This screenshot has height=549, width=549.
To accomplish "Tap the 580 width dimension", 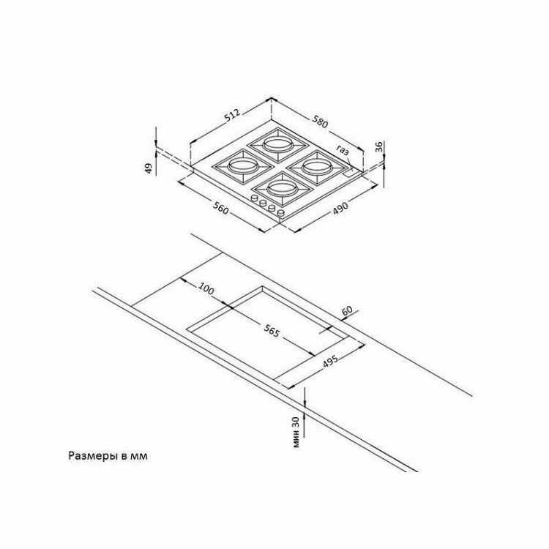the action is [321, 122].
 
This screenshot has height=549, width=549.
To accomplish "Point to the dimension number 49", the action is [149, 168].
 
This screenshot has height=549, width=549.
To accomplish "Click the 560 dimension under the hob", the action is [220, 209].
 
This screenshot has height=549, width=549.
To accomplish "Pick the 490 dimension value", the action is [340, 208].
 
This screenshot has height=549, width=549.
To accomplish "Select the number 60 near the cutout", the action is [348, 311].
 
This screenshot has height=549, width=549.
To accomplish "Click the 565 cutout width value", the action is [272, 331].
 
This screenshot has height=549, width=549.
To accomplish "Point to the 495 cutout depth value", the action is [330, 361].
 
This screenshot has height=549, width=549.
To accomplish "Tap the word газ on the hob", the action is [343, 150].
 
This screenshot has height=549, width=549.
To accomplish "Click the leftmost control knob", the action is [254, 198].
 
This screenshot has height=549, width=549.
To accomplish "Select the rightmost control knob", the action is [281, 212].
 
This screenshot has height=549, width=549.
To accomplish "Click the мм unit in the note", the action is [138, 457].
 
